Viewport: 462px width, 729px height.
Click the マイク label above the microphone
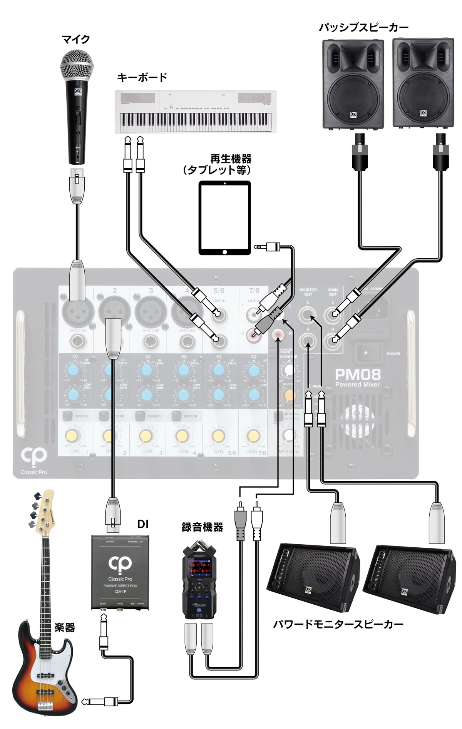[76, 39]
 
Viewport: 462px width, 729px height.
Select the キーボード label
[142, 77]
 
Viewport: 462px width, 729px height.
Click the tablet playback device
[225, 218]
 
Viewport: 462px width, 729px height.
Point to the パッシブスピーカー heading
[363, 27]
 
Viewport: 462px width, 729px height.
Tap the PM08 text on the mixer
[358, 375]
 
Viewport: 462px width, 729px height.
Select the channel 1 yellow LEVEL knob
[73, 436]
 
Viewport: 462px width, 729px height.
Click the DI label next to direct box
[143, 524]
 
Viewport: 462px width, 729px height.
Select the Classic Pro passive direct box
[120, 572]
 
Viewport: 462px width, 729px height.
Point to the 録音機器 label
[203, 527]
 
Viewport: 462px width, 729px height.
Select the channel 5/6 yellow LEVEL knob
[218, 436]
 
